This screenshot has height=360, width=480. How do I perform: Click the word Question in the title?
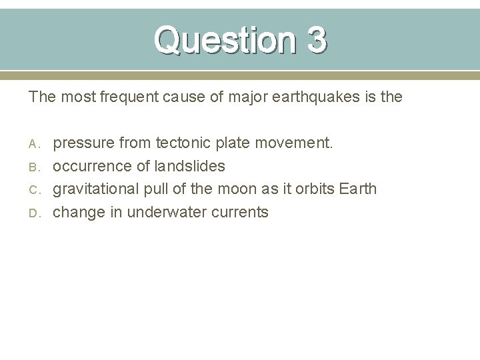[x=223, y=41]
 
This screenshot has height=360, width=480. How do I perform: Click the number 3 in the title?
[x=317, y=41]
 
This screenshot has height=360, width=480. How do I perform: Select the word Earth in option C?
[x=358, y=189]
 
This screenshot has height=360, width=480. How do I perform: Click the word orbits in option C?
[x=313, y=189]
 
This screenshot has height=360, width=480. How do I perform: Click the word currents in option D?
[x=242, y=213]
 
